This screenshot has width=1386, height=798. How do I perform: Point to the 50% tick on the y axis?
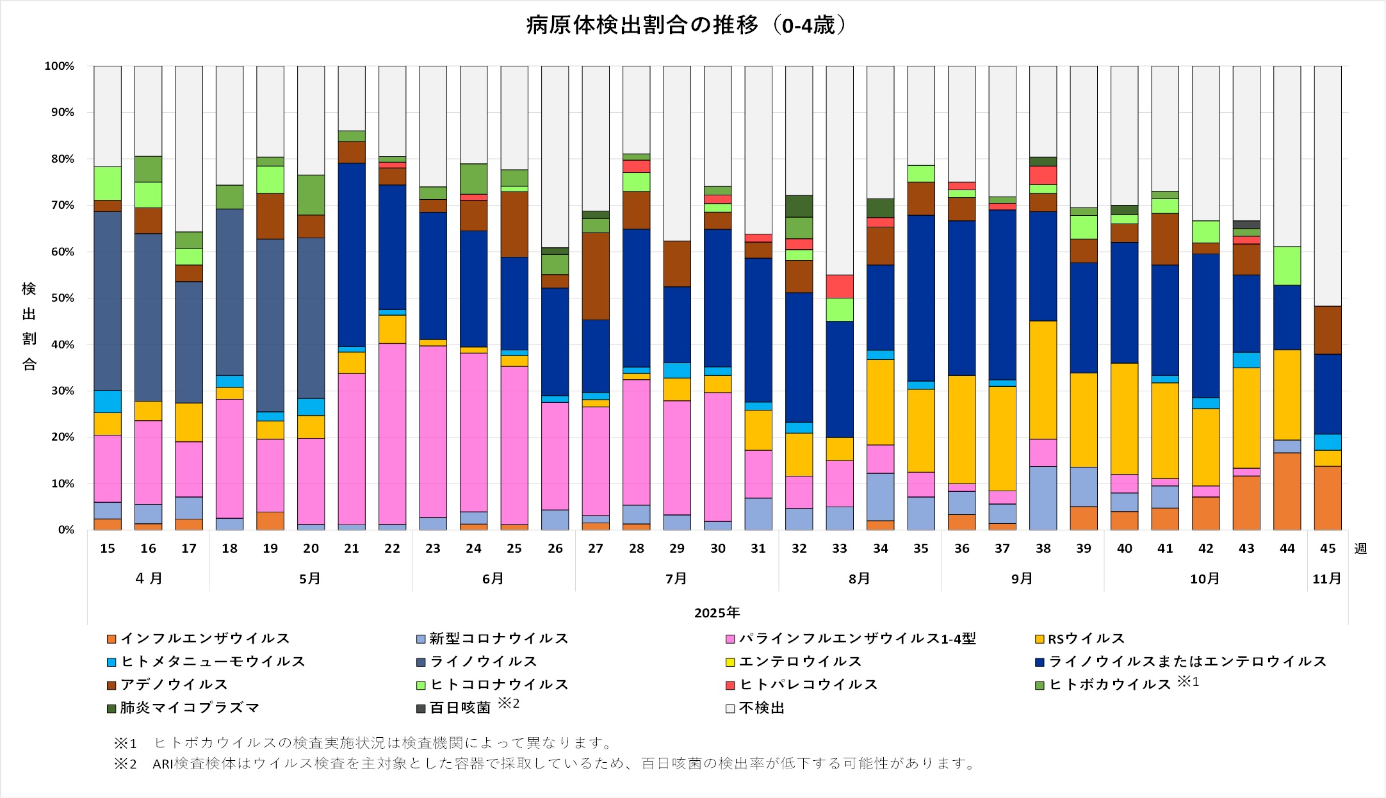tap(59, 298)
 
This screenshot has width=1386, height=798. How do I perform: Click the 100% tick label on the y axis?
tap(59, 66)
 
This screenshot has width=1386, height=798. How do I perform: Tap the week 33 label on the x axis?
tap(840, 548)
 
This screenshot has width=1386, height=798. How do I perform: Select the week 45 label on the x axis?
tap(1328, 548)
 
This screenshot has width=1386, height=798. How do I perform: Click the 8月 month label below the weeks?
tap(859, 578)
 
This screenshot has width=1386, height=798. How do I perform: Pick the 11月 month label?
tap(1326, 578)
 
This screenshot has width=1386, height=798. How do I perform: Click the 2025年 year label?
tap(717, 612)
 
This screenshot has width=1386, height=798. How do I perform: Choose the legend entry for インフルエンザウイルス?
tap(205, 639)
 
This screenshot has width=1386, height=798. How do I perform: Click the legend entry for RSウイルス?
tap(1086, 639)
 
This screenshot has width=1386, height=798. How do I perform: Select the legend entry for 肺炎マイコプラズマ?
tap(190, 708)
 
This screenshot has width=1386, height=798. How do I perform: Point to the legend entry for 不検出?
tap(761, 708)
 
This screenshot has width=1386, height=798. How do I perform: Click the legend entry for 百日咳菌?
tap(459, 708)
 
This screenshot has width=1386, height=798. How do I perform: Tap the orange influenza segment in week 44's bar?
tap(1287, 491)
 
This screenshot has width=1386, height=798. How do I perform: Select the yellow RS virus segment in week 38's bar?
tap(1043, 380)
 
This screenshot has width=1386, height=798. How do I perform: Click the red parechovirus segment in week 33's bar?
tap(840, 286)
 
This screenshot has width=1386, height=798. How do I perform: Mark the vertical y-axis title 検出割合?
tap(29, 326)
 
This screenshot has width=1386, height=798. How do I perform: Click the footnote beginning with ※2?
tap(544, 763)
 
